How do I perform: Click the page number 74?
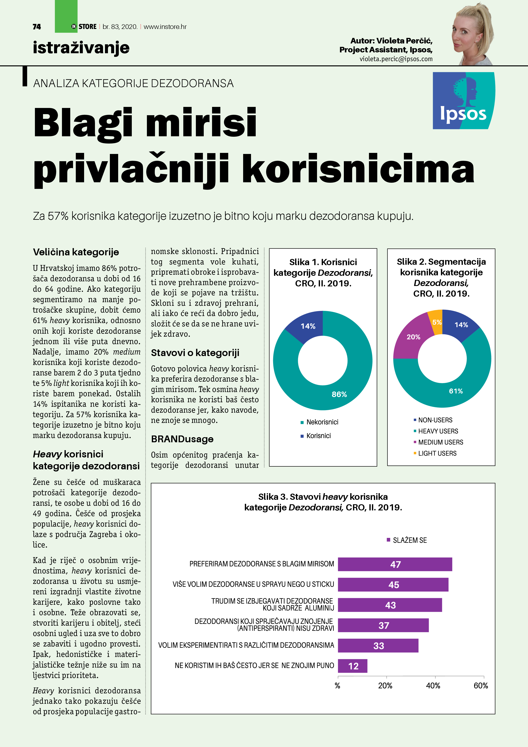(37, 27)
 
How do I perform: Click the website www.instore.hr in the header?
(165, 27)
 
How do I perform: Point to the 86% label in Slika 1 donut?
(339, 394)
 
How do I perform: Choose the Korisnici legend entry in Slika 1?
(318, 436)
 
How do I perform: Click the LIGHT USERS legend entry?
(437, 453)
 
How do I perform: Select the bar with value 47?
(395, 564)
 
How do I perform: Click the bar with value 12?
(353, 666)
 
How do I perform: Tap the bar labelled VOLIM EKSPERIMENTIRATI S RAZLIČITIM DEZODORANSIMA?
(378, 645)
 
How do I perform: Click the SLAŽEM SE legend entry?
(409, 540)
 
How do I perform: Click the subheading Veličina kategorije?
(76, 252)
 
